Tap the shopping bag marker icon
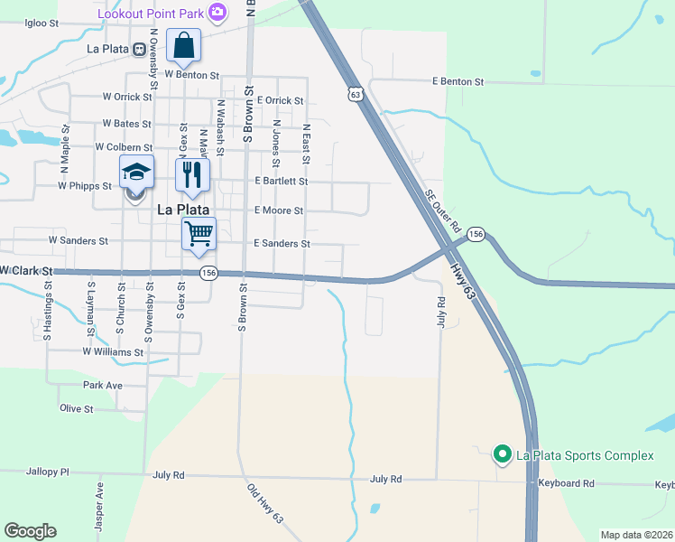[183, 45]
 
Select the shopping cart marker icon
[199, 234]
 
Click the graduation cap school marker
[136, 173]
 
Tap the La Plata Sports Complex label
[584, 455]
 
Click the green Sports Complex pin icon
[502, 454]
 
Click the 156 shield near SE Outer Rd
[476, 234]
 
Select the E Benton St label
[458, 82]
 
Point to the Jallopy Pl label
[48, 472]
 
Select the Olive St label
[77, 408]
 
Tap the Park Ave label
[102, 385]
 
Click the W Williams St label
[113, 351]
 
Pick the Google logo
[30, 531]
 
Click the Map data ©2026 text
[637, 535]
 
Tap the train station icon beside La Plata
[140, 49]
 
